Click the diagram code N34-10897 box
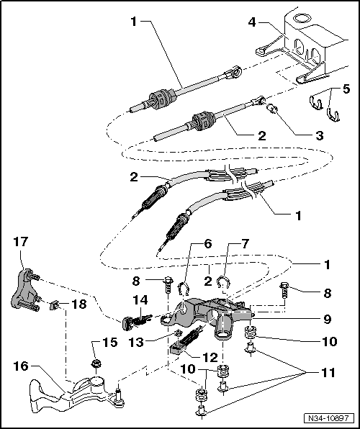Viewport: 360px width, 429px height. coord(328,418)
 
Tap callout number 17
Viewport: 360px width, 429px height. coord(21,242)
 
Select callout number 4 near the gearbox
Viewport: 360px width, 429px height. coord(251,22)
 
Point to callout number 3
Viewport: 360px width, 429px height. coord(320,136)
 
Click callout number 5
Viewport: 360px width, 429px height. coord(346,89)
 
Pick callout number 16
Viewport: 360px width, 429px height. coord(21,366)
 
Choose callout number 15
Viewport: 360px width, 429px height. coord(110,342)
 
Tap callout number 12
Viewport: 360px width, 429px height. coord(210,357)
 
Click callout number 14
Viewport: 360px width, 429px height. coord(140,300)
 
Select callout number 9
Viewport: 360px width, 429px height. coord(328,319)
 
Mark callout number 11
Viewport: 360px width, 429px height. coord(328,372)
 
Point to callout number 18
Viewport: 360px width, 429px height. coord(79,304)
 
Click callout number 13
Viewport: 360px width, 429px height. coord(136,342)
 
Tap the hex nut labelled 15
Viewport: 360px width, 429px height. coord(95,364)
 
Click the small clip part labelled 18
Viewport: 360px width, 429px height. coord(55,305)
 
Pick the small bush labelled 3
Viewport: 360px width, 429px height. coord(271,109)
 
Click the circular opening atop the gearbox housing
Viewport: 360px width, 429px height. coord(302,18)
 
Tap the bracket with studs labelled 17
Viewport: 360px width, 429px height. coord(23,291)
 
